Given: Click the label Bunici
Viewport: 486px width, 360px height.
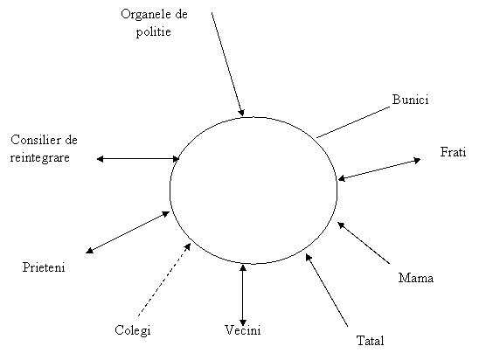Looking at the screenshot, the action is (x=410, y=100).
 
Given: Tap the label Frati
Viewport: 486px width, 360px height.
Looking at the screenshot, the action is (x=453, y=152).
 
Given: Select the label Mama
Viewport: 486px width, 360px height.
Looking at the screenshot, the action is (x=416, y=278).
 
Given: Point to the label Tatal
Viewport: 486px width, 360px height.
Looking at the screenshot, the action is (x=370, y=341).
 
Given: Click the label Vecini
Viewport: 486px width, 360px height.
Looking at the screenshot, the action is (x=243, y=330).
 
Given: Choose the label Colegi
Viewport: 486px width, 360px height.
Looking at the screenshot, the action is (x=133, y=330).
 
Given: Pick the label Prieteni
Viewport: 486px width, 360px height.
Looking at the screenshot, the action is (x=44, y=267).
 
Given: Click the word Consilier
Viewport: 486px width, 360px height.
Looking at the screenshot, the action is (x=35, y=140).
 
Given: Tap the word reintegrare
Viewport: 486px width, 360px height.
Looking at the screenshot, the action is (x=39, y=157).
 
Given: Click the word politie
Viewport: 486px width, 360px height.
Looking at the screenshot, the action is (x=154, y=32).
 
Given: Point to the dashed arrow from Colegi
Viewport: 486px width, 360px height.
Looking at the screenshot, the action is (x=164, y=280).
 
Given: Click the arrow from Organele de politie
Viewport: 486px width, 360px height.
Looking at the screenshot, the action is (x=228, y=64).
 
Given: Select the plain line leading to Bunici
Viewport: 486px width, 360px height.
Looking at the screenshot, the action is (x=353, y=122).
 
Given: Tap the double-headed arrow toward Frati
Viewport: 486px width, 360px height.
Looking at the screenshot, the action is (x=379, y=170).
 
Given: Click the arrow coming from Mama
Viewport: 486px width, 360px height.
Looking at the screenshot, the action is (x=364, y=243).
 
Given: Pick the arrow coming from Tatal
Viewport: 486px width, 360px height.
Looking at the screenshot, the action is (x=326, y=290).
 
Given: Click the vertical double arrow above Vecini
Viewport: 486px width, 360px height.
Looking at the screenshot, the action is (x=243, y=295).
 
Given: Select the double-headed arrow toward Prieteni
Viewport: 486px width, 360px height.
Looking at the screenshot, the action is (x=128, y=232).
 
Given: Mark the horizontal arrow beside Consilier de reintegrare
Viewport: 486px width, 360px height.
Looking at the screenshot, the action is (x=138, y=159).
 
